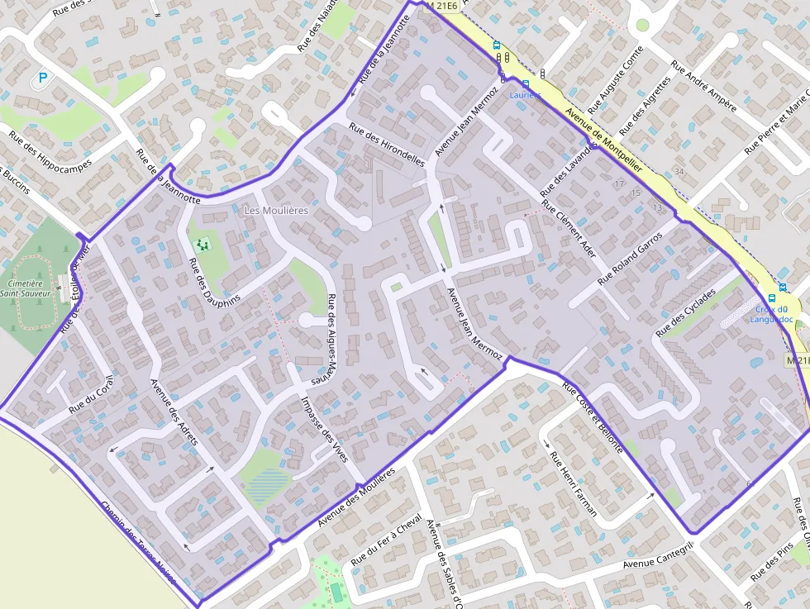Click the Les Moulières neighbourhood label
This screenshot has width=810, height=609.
(x=276, y=211)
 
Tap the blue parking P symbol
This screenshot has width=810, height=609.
(x=41, y=79)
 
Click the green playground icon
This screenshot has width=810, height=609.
(x=202, y=245)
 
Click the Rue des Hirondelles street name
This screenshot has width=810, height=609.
(x=386, y=145)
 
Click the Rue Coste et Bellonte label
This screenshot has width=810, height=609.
(x=592, y=417)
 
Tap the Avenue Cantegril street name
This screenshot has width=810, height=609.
(x=657, y=555)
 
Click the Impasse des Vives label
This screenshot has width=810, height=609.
(x=329, y=435)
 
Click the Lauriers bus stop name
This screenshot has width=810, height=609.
(x=525, y=95)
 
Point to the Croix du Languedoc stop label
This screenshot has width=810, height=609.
(x=771, y=314)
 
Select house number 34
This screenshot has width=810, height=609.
(x=679, y=171)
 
